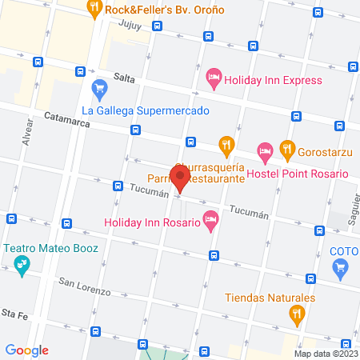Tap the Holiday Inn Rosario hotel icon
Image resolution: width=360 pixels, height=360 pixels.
pos(211,218)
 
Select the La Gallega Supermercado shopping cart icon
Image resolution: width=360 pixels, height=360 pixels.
pos(99,86)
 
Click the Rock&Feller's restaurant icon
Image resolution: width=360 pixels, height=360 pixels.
pos(94,10)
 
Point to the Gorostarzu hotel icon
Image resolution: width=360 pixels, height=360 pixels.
pos(264,150)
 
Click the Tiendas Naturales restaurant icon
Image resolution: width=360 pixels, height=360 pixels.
pos(297,314)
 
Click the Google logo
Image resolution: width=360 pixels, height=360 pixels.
pos(27,350)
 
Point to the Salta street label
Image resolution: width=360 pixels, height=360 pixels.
pos(123,76)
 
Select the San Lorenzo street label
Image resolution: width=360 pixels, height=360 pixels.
pos(84,286)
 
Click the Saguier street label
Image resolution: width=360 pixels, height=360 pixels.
pos(352,210)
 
